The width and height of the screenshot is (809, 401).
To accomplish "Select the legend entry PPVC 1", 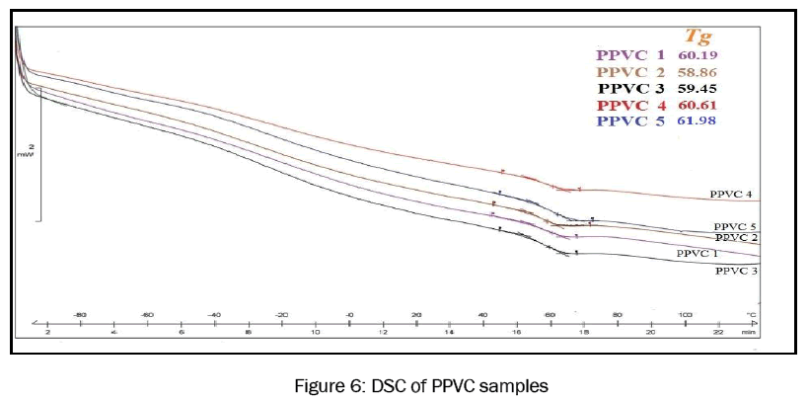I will [x=627, y=56].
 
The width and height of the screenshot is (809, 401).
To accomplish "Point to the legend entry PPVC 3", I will [x=627, y=89].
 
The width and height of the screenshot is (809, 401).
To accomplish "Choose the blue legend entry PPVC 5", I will [x=627, y=120].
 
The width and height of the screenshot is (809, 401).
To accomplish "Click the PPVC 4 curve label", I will [x=732, y=196].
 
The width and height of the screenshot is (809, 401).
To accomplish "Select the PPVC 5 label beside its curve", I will [x=734, y=226].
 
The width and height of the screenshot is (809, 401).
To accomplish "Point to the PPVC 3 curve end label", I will [x=735, y=270].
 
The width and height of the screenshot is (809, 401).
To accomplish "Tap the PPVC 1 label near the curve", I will [x=697, y=254].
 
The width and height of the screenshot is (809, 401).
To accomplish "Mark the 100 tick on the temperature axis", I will [x=684, y=314].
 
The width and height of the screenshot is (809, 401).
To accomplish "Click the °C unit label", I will [x=752, y=314].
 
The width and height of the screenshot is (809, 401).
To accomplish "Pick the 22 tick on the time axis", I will [x=717, y=334].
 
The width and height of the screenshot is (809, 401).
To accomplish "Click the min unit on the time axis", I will [x=750, y=334].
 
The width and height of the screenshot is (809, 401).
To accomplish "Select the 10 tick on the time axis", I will [x=315, y=334].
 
